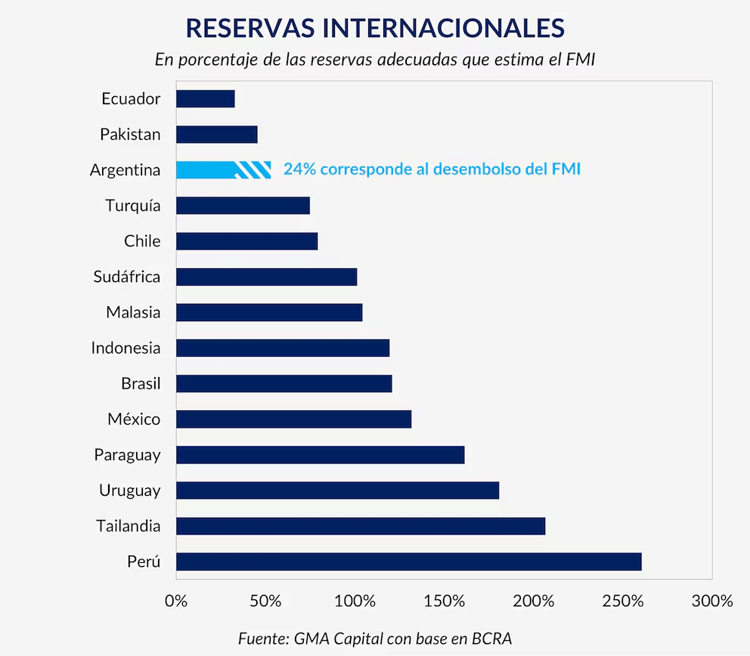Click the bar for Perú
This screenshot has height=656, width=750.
pos(408,562)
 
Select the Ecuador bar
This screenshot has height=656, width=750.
pos(205,98)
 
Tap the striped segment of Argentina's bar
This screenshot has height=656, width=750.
pos(253,169)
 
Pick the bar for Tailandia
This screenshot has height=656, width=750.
pos(360,526)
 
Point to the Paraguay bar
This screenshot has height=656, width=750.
pos(320,455)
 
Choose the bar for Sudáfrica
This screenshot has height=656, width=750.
pos(266,277)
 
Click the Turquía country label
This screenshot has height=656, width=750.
pos(133,206)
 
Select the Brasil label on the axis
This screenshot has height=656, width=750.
pos(141,384)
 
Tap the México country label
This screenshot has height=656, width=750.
pos(134,419)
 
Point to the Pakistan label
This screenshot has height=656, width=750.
pos(130,135)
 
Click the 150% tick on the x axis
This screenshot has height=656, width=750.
pos(444,602)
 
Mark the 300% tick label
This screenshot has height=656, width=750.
pos(712,602)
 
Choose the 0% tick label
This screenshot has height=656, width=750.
pos(176,602)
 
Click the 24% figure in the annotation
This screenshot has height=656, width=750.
pos(299,169)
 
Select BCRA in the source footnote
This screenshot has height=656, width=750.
pos(491,638)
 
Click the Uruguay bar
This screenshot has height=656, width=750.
pos(337,490)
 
